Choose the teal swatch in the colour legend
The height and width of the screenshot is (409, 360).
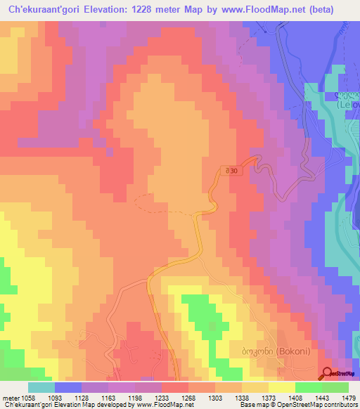coord(41,387)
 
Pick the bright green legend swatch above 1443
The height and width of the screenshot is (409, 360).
coord(309,387)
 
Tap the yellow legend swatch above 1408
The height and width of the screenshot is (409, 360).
coord(282,387)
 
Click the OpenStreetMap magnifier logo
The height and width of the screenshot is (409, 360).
coord(328,373)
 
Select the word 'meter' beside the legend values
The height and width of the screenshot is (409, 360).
coord(12,398)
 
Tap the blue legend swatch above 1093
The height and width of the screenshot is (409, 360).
coord(68,387)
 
